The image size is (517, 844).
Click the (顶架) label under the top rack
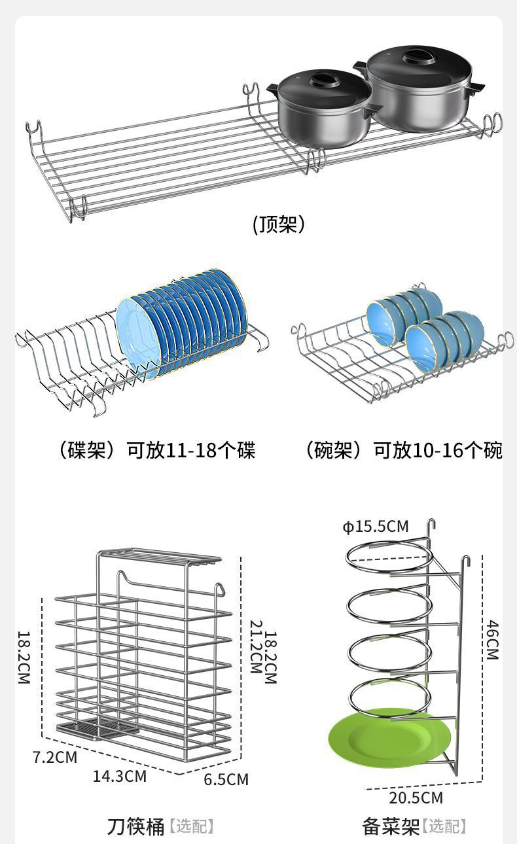(279, 225)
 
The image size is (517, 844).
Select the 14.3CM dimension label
(120, 776)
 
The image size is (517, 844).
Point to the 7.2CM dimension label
(55, 757)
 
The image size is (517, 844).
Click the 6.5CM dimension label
(226, 779)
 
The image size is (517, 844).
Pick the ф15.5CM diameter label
(376, 527)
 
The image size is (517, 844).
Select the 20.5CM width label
(416, 798)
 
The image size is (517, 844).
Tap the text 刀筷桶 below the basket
(135, 826)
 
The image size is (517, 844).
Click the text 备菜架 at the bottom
(391, 826)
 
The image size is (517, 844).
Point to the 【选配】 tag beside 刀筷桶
(192, 826)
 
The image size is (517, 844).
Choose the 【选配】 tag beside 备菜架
(444, 826)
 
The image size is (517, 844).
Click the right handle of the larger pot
(478, 87)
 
